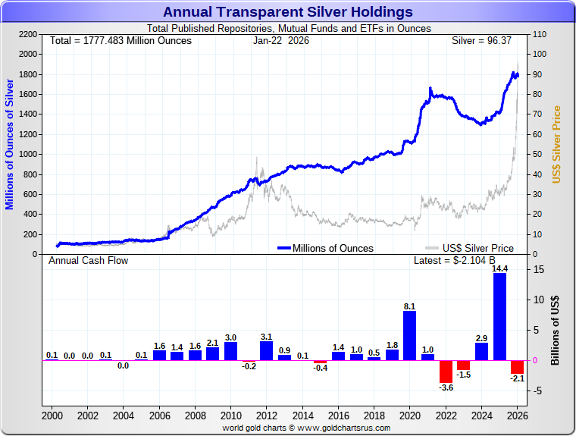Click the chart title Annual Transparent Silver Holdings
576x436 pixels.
(x=288, y=12)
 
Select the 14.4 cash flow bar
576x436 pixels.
(x=499, y=316)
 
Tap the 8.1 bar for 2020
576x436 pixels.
(x=410, y=335)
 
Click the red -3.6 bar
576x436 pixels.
(x=446, y=371)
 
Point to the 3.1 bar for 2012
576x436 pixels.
(x=267, y=350)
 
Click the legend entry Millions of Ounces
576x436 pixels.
(x=325, y=248)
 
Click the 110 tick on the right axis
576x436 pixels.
(x=540, y=34)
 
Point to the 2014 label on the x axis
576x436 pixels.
(x=302, y=416)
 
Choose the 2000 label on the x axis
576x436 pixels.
(x=52, y=416)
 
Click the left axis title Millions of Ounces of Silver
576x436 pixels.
(x=10, y=144)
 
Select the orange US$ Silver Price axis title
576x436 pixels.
(x=556, y=144)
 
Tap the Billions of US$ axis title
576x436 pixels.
(x=556, y=330)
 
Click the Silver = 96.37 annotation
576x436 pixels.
(x=482, y=40)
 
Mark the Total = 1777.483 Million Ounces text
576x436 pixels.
(x=121, y=40)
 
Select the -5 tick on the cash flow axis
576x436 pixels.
(x=537, y=391)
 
